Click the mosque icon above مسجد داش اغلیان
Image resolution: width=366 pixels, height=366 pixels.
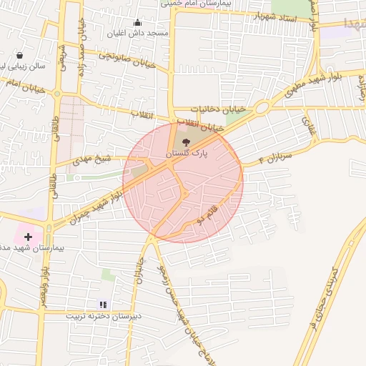coord(138,22)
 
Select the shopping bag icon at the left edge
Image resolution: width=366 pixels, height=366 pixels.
coord(19,55)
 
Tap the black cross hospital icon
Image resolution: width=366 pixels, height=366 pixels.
coord(28,236)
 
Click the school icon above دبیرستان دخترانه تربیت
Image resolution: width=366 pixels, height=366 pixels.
coord(104,304)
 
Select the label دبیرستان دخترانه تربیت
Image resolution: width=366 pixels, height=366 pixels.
coord(104,315)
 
